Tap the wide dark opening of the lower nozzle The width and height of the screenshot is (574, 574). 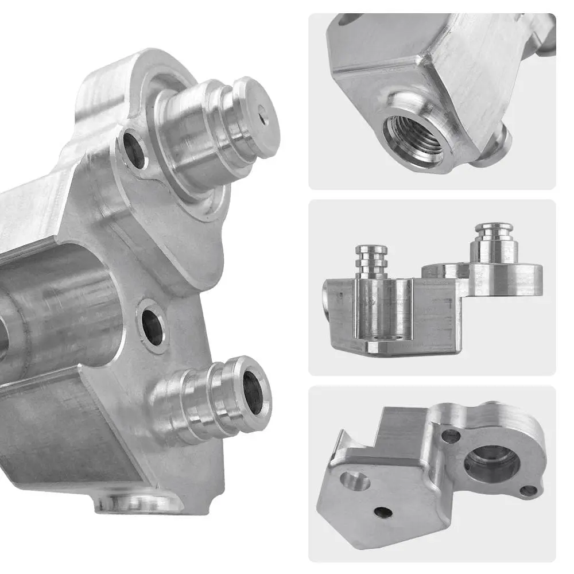coord(253,393)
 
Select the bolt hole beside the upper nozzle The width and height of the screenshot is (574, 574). coord(134,149)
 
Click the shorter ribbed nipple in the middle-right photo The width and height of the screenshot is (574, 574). coord(371,261)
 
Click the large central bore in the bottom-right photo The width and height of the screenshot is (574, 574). coord(491,463)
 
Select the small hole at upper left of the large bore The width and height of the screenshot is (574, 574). coord(451,436)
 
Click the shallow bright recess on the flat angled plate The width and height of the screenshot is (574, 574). coord(355,480)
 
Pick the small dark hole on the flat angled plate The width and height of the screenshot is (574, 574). coord(383,512)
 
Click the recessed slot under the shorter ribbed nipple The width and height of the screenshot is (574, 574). coord(383,316)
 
